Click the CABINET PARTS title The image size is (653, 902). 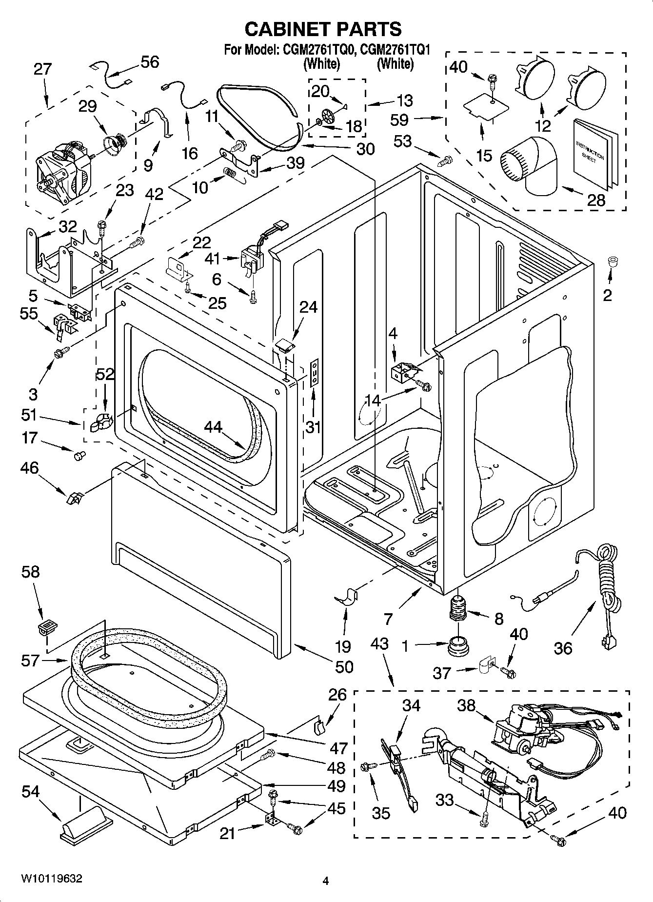[323, 29]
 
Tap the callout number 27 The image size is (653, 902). [42, 69]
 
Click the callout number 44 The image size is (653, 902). [213, 427]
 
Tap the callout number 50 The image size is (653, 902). [344, 666]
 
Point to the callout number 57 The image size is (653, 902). [31, 661]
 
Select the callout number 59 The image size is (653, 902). [399, 120]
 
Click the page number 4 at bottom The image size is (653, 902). [326, 881]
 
